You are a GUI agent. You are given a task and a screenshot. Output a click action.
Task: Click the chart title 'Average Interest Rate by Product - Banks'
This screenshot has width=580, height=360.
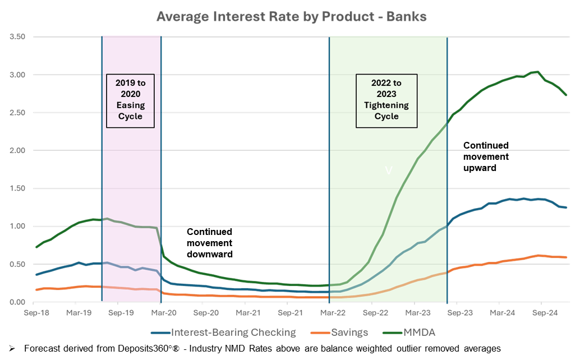[x=291, y=17]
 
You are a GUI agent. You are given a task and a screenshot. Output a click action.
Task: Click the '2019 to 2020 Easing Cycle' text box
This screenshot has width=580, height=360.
[x=131, y=99]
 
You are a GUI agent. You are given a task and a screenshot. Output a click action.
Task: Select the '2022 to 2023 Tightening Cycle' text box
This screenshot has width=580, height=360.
[x=386, y=99]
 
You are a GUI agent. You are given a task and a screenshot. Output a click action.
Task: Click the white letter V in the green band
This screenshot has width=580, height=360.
[x=388, y=170]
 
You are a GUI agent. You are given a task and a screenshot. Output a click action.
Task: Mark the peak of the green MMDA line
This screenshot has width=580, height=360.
[x=536, y=72]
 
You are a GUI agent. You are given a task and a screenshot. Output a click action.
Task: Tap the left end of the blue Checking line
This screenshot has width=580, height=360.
[x=36, y=274]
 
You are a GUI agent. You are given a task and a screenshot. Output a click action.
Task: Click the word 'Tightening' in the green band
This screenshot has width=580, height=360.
[x=386, y=105]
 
